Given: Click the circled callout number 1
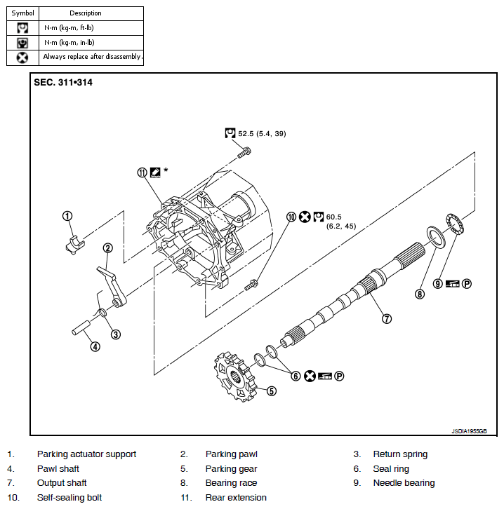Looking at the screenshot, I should [x=67, y=216].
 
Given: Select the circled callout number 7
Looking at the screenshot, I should [x=387, y=318].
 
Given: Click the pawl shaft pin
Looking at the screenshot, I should [x=82, y=327].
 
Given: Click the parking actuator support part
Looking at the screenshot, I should [x=72, y=244].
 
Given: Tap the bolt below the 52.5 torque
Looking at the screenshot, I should [x=244, y=150].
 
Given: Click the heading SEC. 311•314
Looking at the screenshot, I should [x=63, y=82].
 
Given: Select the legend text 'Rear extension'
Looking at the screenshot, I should [x=236, y=498].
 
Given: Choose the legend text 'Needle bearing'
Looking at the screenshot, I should [x=404, y=483].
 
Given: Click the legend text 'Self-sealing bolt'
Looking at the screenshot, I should [x=69, y=498].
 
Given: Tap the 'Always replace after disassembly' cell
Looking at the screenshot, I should [x=92, y=57].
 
